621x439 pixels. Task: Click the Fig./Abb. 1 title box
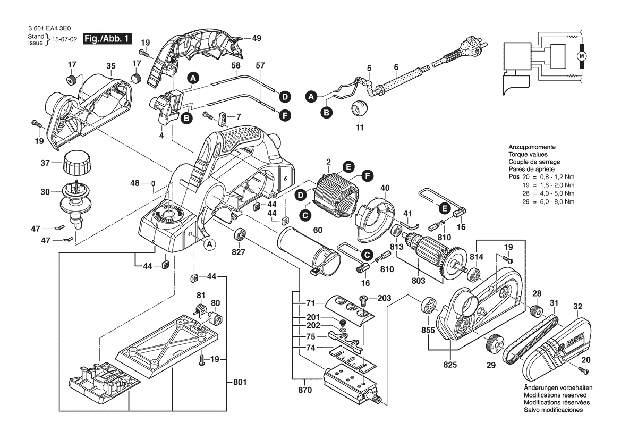[x=107, y=39]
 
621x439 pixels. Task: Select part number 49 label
[x=257, y=38]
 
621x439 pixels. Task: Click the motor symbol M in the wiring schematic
[x=582, y=56]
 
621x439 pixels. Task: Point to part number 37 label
[x=45, y=163]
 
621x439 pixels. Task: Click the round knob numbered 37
[x=77, y=163]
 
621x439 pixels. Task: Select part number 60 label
[x=318, y=230]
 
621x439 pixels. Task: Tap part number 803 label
[x=418, y=281]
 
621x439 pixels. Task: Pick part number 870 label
[x=304, y=390]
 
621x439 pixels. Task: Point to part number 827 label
[x=239, y=252]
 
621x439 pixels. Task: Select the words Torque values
[x=528, y=155]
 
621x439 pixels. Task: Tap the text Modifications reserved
[x=555, y=395]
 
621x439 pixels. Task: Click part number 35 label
[x=111, y=66]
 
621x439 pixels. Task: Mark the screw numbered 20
[x=583, y=371]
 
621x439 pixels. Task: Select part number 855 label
[x=428, y=330]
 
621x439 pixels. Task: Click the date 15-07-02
[x=64, y=40]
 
